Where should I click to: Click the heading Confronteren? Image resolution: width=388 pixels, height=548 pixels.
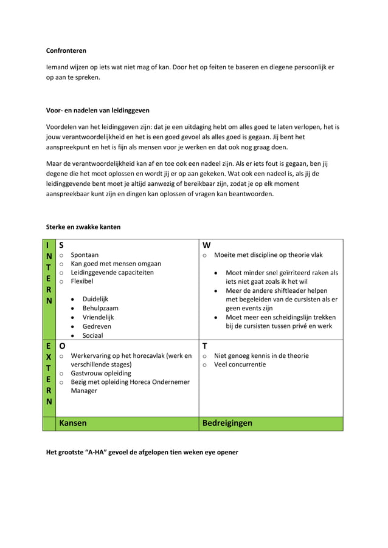66,51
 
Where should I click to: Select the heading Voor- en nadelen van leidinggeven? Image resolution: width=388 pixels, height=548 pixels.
98,111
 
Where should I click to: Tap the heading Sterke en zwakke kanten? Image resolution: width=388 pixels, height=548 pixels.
83,227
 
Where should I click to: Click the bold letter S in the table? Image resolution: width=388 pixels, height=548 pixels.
61,245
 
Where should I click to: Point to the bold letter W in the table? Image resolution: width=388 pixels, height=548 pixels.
207,245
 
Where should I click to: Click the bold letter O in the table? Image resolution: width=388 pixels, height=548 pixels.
62,346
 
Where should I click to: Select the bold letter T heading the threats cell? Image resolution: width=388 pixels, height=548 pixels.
206,346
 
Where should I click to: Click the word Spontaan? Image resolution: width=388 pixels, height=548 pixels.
85,255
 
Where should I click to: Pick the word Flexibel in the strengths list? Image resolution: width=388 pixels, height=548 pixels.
83,282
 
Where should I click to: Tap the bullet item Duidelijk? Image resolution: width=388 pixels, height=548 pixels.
95,300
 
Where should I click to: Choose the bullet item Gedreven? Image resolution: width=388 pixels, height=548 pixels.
97,326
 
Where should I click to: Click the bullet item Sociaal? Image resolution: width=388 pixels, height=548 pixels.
93,335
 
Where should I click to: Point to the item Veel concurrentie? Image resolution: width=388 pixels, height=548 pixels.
240,365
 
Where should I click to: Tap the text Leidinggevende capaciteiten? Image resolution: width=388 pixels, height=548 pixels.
112,273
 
